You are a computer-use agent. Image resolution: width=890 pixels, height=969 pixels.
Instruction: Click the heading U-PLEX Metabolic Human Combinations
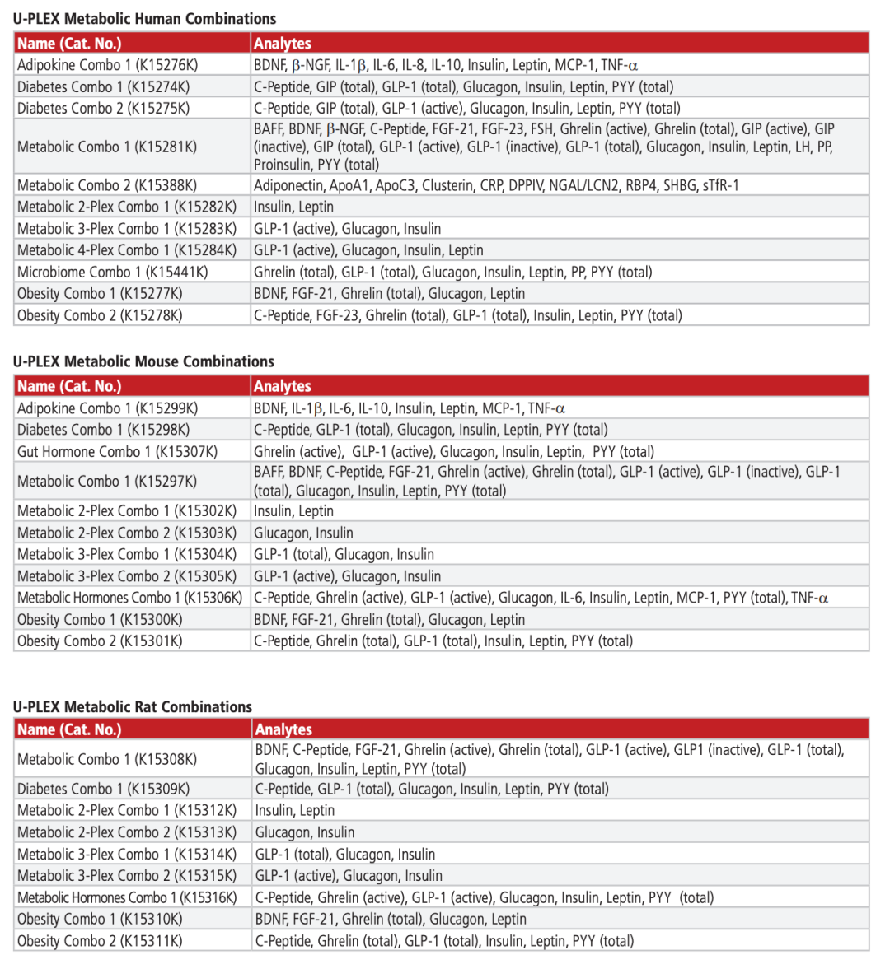tap(144, 18)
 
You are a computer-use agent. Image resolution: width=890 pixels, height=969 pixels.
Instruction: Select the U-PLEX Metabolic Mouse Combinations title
tap(143, 361)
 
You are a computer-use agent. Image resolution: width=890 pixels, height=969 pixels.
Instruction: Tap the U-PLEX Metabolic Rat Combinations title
tap(133, 706)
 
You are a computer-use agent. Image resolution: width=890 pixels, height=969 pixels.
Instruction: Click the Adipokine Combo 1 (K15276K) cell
tap(108, 65)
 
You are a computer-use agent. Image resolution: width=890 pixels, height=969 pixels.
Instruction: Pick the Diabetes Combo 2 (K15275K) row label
tap(104, 108)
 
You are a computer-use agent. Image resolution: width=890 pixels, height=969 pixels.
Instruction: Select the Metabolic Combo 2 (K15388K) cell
tap(107, 185)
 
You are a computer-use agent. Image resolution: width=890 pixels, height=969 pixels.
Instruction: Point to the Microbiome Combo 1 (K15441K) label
tap(113, 272)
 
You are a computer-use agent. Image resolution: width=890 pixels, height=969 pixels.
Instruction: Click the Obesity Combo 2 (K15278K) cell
tap(101, 315)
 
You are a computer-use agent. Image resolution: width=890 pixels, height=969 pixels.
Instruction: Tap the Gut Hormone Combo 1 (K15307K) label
tap(118, 451)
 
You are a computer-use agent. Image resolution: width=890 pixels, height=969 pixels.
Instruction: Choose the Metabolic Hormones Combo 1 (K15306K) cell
tap(130, 598)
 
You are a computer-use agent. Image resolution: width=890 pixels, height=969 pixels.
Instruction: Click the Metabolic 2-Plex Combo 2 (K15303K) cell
tap(127, 533)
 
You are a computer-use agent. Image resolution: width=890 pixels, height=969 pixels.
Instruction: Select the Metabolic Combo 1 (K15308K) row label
tap(107, 759)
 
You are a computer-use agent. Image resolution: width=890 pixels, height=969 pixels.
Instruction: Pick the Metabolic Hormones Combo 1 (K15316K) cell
tap(127, 897)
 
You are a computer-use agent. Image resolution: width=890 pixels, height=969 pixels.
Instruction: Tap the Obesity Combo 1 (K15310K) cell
tap(101, 919)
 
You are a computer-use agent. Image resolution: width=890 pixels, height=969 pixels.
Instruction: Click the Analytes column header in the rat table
tap(283, 729)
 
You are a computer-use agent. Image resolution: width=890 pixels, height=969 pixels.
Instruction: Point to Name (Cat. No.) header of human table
tap(69, 43)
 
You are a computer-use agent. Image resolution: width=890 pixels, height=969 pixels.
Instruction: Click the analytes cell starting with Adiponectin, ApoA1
tap(496, 185)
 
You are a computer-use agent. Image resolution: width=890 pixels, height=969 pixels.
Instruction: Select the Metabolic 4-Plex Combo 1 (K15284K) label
tap(127, 250)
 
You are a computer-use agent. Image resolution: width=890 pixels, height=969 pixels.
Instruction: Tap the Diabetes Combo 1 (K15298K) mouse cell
tap(104, 430)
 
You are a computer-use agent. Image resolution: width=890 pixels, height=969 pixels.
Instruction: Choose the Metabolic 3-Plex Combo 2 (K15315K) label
tap(127, 876)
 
